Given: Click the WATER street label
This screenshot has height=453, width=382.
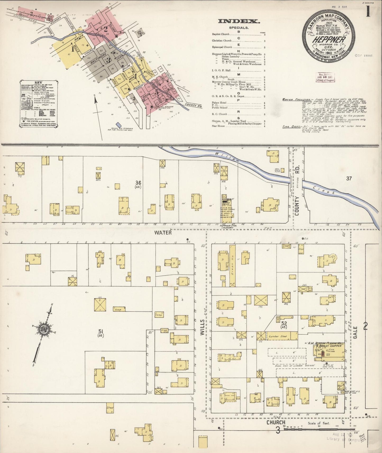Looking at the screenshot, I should click(163, 233).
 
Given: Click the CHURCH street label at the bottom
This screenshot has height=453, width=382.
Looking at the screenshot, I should click(276, 423).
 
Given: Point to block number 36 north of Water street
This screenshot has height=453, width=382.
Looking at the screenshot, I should click(138, 183).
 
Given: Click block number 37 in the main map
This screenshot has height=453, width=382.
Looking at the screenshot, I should click(349, 179).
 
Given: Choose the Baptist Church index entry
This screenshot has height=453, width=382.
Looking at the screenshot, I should click(220, 34).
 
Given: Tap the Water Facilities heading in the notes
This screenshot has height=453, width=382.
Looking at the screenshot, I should click(291, 100).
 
